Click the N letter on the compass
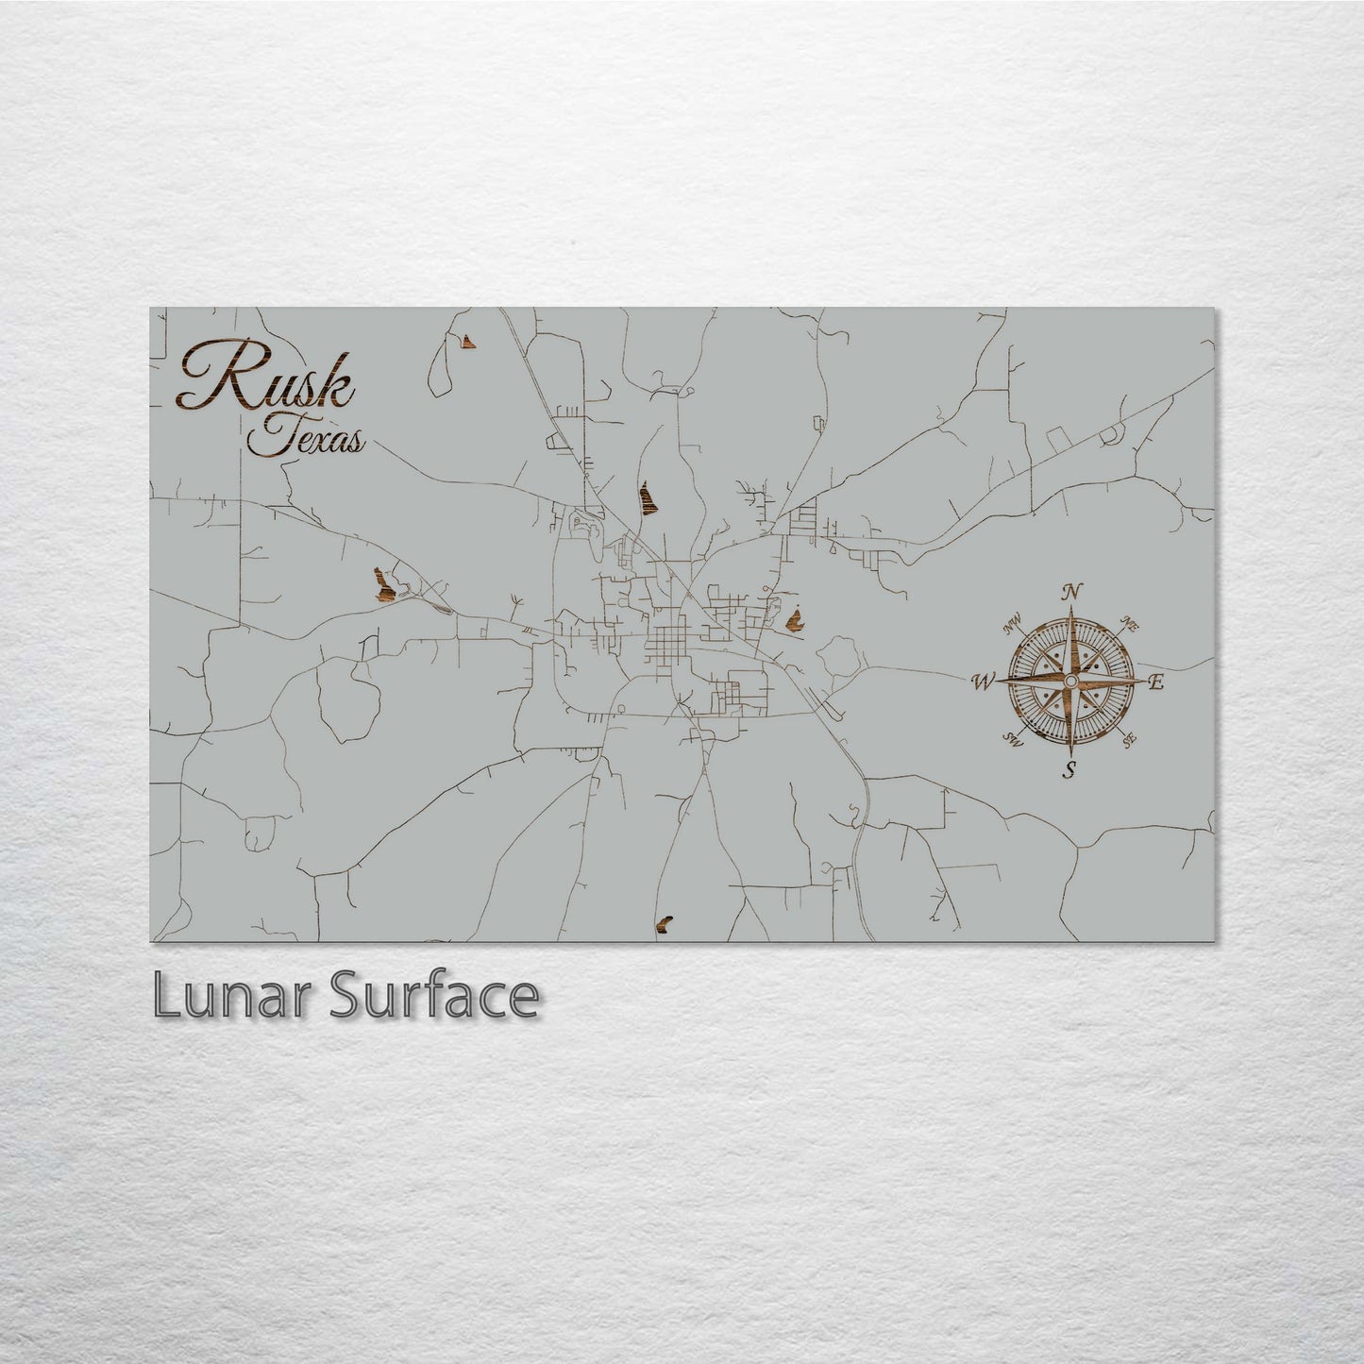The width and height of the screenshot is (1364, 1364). point(1071,593)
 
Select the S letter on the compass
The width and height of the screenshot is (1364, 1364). point(1069,767)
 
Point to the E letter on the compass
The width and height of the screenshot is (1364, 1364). point(1156,681)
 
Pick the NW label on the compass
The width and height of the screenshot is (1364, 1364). point(1014,622)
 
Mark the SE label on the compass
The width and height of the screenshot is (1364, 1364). point(1128,740)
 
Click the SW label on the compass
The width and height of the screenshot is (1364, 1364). point(1015,739)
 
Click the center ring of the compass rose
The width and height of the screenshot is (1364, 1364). point(1070,681)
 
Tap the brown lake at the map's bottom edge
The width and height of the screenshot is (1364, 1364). point(665,922)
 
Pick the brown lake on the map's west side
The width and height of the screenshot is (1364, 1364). point(382,584)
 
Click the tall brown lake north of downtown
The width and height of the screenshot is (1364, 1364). point(647,497)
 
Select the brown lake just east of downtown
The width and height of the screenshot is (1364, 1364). point(794,620)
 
